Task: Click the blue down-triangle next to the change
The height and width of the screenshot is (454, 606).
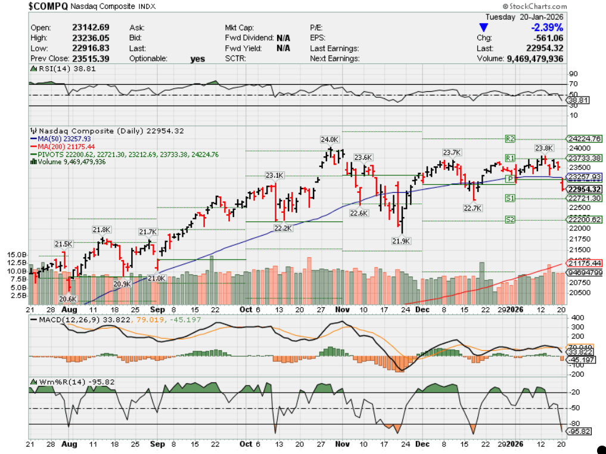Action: (x=484, y=27)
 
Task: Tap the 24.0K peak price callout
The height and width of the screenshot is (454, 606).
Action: (x=330, y=139)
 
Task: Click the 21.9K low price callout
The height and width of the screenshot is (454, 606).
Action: (x=401, y=240)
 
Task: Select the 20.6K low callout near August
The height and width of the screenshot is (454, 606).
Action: (x=68, y=298)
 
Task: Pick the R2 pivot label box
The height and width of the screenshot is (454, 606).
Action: (x=509, y=138)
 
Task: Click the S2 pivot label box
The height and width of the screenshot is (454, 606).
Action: (x=510, y=220)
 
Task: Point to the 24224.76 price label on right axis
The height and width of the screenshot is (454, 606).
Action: (x=585, y=138)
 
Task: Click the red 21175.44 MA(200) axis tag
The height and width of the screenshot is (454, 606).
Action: (x=585, y=262)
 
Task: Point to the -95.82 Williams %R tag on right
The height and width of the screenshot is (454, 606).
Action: (x=579, y=431)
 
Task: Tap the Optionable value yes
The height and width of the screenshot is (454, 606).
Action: (x=197, y=58)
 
